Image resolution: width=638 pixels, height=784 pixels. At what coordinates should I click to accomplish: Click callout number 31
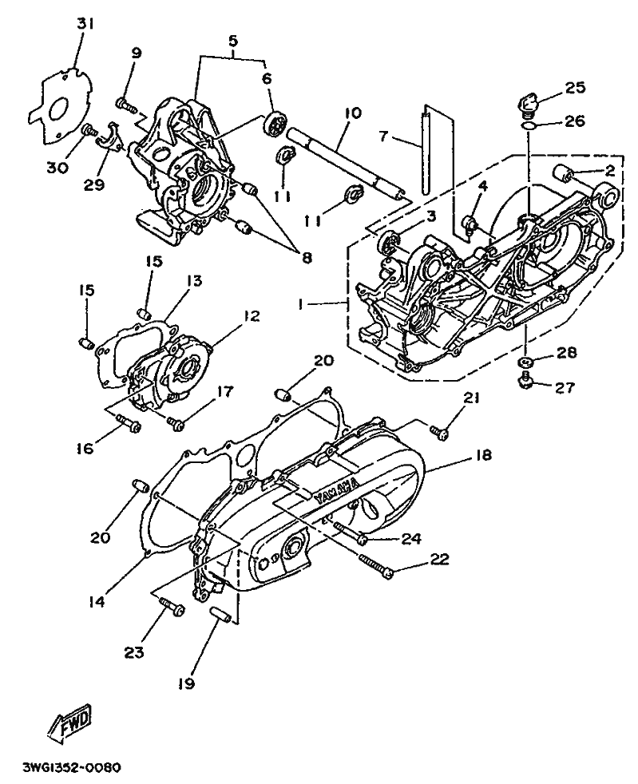coord(85,24)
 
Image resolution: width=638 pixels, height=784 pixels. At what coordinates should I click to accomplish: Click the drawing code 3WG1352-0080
coord(73,768)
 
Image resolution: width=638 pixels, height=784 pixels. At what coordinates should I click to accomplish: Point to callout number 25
coord(575,88)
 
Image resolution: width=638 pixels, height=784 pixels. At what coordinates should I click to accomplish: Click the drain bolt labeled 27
coord(525,386)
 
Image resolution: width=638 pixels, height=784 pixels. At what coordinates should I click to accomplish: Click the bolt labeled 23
coord(171,608)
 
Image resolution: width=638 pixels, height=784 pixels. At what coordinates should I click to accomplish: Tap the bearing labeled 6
coord(275,126)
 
